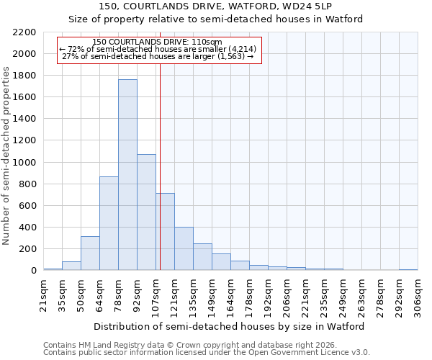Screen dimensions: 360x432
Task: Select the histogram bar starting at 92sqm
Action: coord(146,212)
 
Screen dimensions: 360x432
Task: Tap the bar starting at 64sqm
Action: coord(109,223)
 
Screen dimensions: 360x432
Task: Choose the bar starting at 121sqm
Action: coord(184,249)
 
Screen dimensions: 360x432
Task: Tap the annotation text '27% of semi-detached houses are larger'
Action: coord(158,55)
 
